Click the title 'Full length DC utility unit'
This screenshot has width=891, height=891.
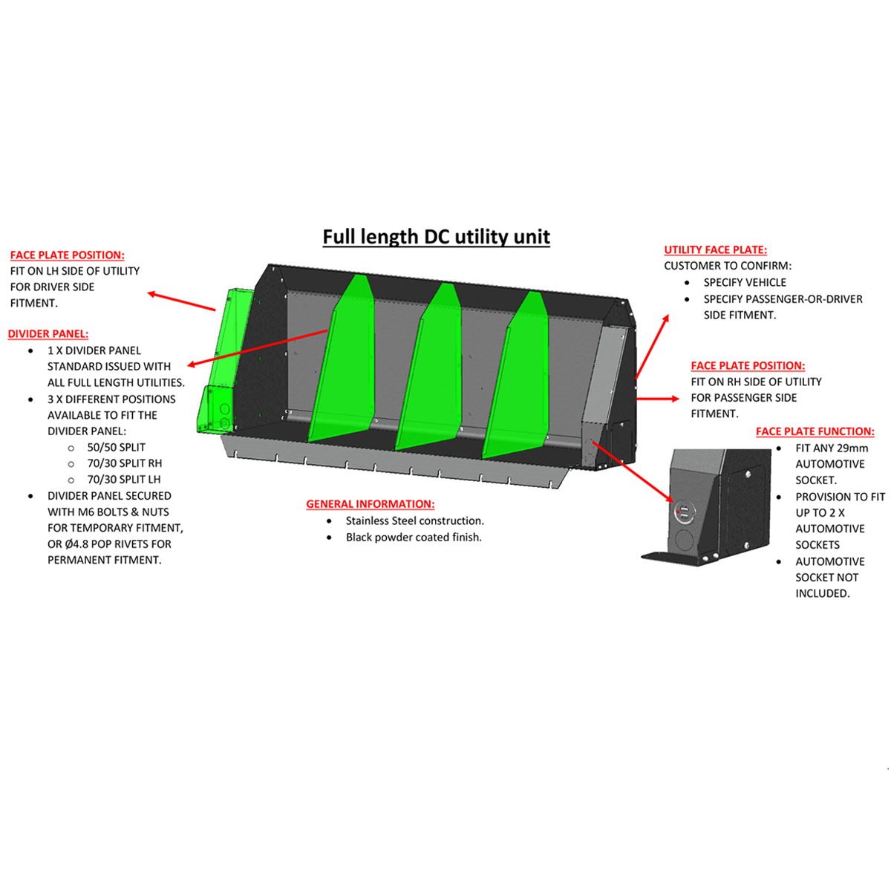coord(436,237)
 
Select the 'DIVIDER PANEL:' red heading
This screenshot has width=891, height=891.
coord(48,334)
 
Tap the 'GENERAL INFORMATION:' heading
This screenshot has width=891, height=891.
coord(370,504)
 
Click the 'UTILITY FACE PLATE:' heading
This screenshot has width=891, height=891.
coord(715,250)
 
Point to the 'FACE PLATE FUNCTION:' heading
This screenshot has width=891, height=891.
coord(815,431)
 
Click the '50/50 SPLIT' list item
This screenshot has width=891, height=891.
coord(116,448)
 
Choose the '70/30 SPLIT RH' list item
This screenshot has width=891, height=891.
coord(124,463)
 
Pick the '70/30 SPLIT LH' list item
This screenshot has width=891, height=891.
coord(123,480)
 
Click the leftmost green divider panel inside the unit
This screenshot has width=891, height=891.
coord(343,364)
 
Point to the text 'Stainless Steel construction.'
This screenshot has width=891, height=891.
coord(414,521)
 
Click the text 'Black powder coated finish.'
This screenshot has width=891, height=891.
coord(413,538)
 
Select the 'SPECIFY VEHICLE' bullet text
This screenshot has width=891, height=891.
coord(745,283)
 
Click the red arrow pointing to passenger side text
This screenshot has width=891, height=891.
coord(657,399)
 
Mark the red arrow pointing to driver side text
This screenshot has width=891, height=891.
coord(182,301)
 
